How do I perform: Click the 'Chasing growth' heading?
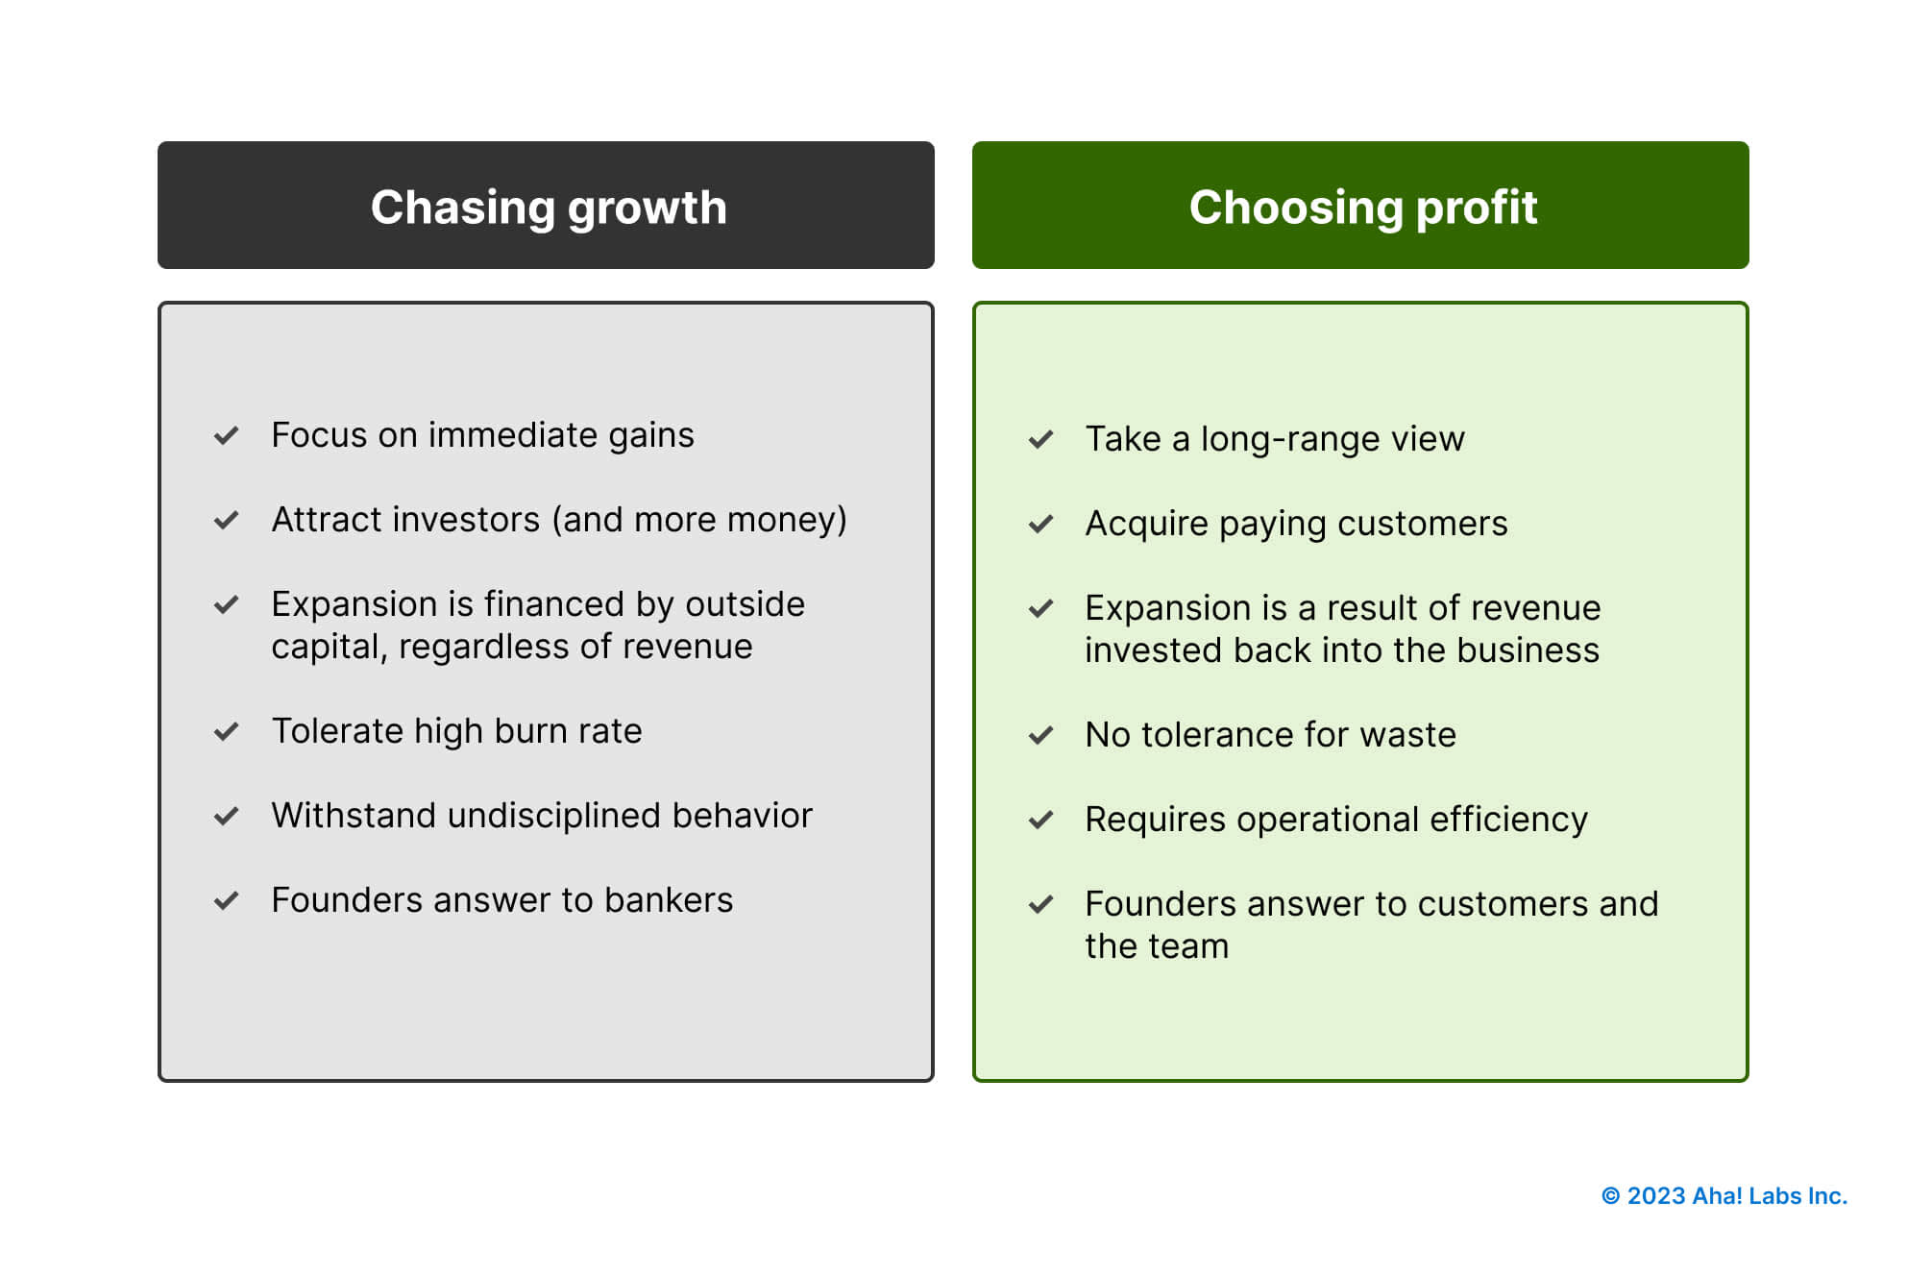click(x=549, y=208)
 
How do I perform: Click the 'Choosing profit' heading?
click(x=1362, y=208)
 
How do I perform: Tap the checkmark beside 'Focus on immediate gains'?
click(x=227, y=436)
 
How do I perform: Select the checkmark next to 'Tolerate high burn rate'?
click(x=227, y=732)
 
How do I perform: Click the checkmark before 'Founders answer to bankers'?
click(x=227, y=901)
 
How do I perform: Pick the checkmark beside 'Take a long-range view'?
click(x=1040, y=440)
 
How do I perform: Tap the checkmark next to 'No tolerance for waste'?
click(x=1040, y=736)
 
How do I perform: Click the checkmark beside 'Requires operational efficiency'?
click(x=1040, y=821)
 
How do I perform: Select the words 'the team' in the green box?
click(x=1156, y=946)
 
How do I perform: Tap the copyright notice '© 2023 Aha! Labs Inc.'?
click(x=1724, y=1196)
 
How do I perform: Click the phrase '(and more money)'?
click(x=698, y=520)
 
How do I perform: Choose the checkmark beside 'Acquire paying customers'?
click(x=1040, y=525)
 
